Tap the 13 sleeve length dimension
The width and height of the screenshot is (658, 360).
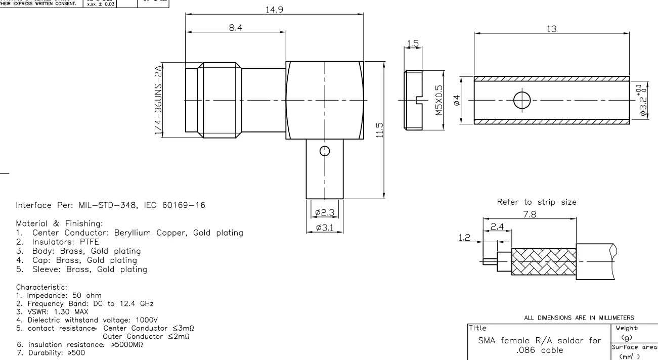click(x=552, y=29)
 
